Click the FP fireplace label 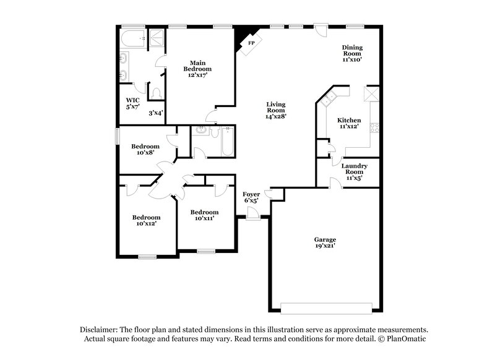(x=252, y=43)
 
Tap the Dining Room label (x=352, y=54)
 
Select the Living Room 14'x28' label (x=276, y=110)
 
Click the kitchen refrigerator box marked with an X (x=370, y=94)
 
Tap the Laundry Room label (x=355, y=171)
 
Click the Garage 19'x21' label (x=325, y=242)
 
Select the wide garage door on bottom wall (x=326, y=307)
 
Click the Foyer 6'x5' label (x=251, y=197)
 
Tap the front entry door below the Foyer (x=252, y=213)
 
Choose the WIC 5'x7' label (x=133, y=103)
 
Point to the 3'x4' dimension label (x=156, y=113)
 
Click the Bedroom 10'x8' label (x=145, y=149)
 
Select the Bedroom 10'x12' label (x=146, y=220)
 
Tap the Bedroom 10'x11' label (x=204, y=215)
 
